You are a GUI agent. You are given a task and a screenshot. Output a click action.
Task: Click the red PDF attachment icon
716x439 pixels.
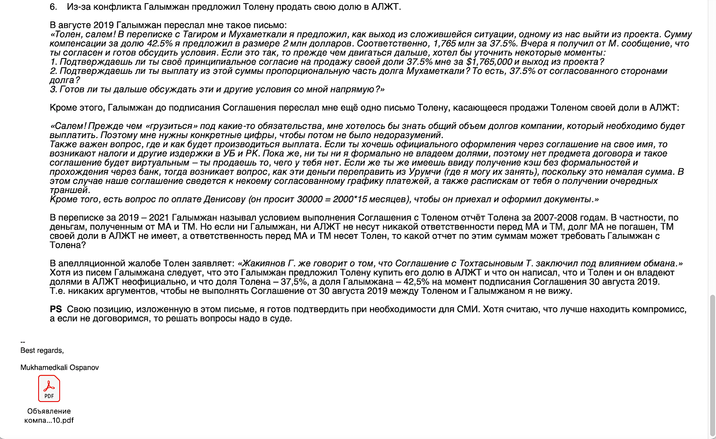(x=49, y=388)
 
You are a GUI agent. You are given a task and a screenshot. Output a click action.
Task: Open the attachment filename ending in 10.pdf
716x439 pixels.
(x=49, y=416)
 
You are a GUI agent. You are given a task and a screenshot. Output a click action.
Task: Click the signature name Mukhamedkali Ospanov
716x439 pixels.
(x=60, y=367)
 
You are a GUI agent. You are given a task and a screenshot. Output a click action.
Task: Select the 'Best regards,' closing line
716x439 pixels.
(x=42, y=350)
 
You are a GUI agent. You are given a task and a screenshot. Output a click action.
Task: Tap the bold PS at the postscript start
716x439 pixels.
(x=56, y=309)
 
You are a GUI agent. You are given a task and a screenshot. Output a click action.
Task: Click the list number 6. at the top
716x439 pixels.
(x=53, y=7)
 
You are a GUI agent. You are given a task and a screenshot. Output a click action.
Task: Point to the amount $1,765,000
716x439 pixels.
(x=489, y=62)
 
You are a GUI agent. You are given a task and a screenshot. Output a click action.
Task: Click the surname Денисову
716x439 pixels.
(x=225, y=199)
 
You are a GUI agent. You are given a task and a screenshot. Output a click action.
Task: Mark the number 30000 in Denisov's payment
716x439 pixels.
(x=309, y=199)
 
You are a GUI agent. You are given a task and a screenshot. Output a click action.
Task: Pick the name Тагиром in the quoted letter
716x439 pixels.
(x=199, y=35)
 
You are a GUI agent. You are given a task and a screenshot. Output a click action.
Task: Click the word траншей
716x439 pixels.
(x=69, y=190)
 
